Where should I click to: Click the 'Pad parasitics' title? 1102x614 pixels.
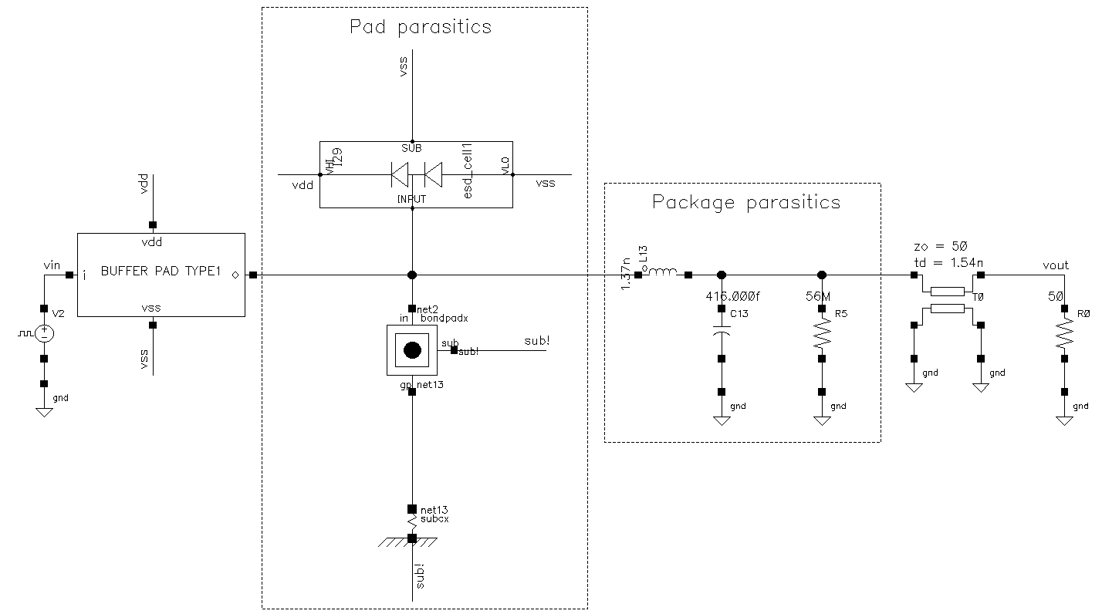(421, 27)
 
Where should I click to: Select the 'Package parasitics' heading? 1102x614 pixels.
(745, 203)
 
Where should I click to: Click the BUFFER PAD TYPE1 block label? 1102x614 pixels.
(161, 272)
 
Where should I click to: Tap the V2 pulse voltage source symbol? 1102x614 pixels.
(45, 333)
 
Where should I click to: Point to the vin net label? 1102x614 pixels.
(52, 265)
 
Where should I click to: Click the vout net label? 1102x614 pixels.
(1055, 265)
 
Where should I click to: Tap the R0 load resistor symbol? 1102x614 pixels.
(1064, 334)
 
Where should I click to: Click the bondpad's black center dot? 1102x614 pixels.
(412, 350)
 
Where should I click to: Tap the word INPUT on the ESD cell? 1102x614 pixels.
(412, 199)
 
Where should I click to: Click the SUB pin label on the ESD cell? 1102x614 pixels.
(411, 147)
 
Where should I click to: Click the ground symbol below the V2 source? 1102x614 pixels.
(45, 411)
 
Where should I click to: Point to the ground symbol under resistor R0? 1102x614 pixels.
(1064, 420)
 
